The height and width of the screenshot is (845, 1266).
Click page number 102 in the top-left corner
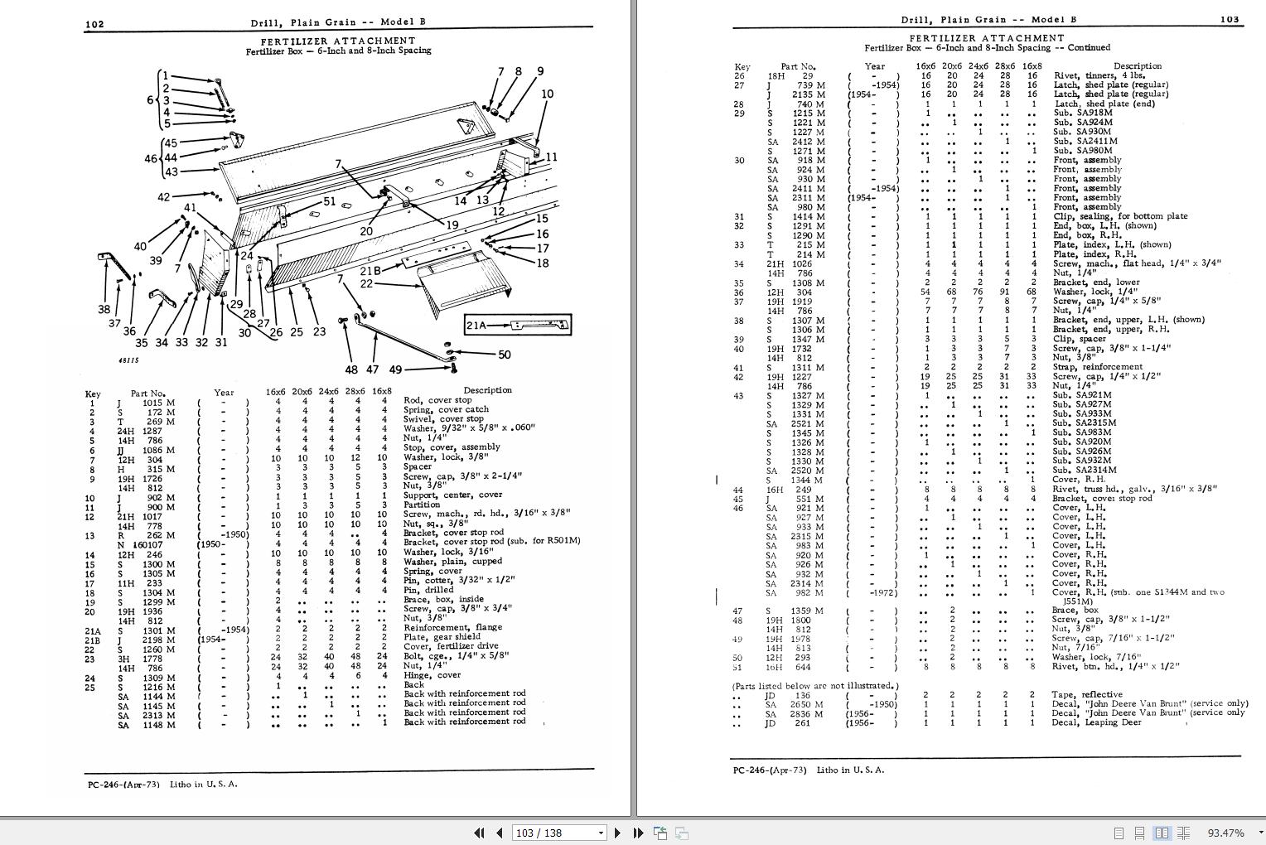94,24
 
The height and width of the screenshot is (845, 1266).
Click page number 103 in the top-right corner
1230,20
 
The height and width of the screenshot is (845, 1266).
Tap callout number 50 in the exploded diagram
504,355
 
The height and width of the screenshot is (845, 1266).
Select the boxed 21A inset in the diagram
518,326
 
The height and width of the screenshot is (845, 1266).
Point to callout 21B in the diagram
370,271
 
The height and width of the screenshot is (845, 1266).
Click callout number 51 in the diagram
329,200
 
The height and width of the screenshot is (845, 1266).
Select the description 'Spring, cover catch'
446,410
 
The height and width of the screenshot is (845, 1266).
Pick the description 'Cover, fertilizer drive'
451,646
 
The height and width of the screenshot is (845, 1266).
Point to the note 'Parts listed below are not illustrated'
814,686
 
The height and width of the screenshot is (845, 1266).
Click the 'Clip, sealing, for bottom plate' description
1120,216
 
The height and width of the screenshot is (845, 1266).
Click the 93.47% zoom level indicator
1225,833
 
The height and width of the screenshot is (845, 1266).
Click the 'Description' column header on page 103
1137,66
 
